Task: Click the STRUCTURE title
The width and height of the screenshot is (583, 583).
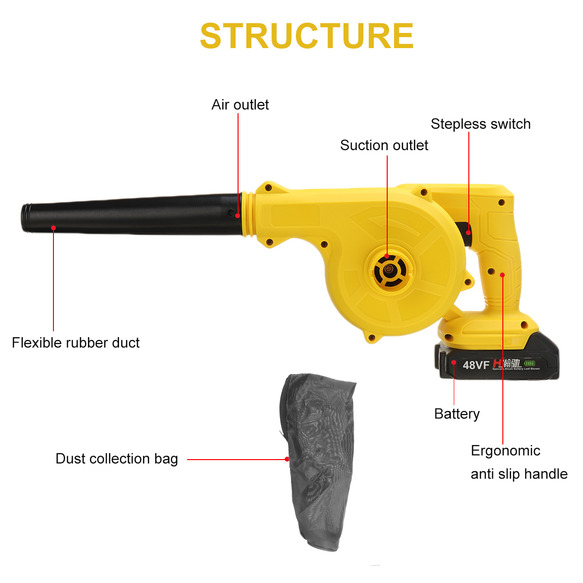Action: click(307, 36)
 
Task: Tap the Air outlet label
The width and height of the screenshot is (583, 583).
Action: click(240, 105)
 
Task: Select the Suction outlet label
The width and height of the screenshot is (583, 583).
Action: click(384, 145)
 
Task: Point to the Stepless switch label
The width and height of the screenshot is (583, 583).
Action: click(480, 124)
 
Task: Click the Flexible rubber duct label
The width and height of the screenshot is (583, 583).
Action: click(75, 343)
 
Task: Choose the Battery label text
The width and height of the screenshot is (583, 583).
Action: click(457, 414)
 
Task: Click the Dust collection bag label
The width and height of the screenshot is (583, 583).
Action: click(117, 459)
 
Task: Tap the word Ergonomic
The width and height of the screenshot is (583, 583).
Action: click(505, 451)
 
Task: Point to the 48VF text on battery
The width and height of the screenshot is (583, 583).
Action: click(476, 365)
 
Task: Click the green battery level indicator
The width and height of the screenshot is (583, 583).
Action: click(530, 363)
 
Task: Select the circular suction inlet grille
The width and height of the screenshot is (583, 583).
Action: click(388, 269)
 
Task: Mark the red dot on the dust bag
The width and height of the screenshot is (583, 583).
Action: click(287, 459)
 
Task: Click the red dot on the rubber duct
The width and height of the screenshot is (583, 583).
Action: click(53, 227)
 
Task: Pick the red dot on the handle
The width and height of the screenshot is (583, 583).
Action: click(502, 275)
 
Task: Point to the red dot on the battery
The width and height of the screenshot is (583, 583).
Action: click(454, 362)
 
